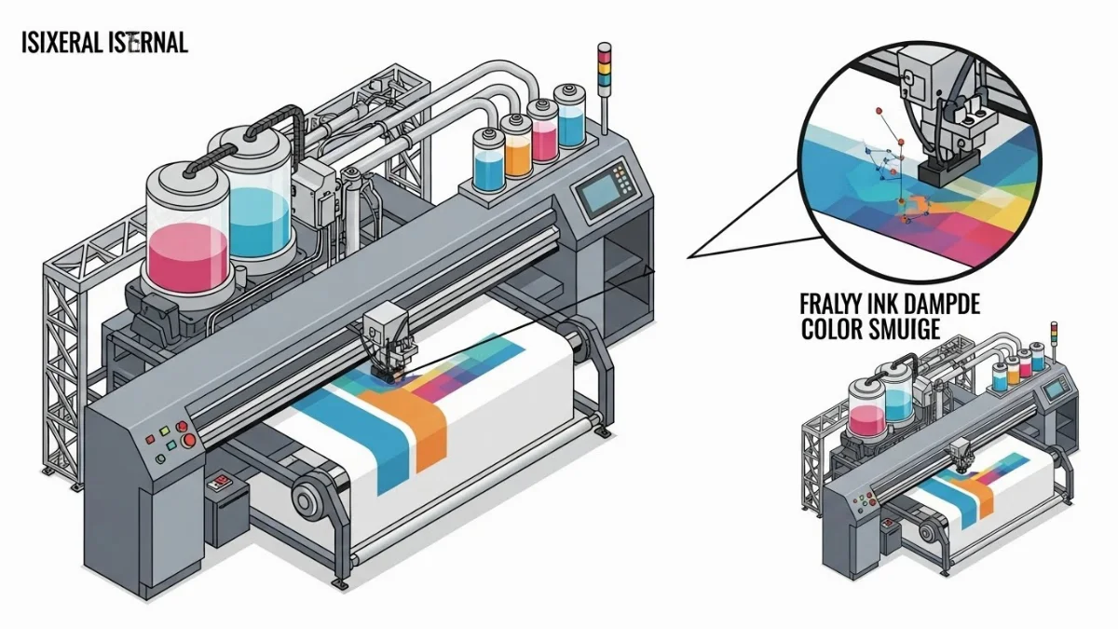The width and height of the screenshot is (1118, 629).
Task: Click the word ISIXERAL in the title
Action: pos(59,42)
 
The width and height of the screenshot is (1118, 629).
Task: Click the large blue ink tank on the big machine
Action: pos(259,207)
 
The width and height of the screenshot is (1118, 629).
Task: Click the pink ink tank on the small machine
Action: pos(866,412)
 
